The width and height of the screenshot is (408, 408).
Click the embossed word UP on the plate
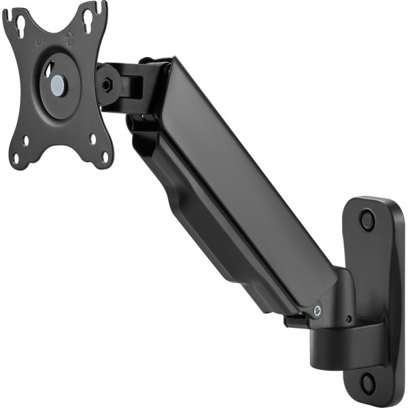point(41,40)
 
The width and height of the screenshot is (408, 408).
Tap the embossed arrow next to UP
point(69,39)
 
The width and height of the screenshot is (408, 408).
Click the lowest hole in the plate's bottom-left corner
point(16,158)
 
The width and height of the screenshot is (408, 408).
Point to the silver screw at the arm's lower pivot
point(317,311)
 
